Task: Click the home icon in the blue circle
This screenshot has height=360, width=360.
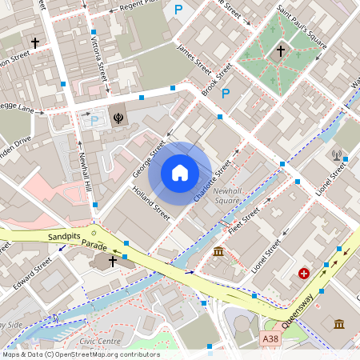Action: point(180,173)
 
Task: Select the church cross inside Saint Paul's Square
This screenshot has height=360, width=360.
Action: point(280,50)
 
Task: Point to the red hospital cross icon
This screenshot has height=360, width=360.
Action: point(304,274)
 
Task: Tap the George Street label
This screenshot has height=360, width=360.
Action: point(149,159)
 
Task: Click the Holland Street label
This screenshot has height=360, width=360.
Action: point(151,204)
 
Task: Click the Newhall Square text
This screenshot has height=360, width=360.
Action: point(227,197)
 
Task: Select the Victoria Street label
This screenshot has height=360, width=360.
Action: point(99,60)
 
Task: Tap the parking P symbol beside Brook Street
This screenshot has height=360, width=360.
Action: point(226,94)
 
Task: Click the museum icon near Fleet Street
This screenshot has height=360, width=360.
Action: point(218,254)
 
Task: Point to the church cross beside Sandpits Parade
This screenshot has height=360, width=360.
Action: point(113,261)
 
